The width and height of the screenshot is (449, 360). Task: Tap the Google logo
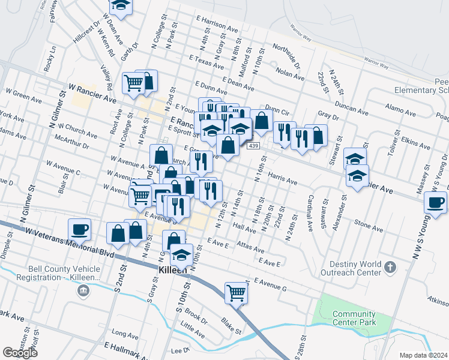(20, 352)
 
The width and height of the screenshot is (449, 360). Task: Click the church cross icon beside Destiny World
(390, 266)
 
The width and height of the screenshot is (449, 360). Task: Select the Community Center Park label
(354, 318)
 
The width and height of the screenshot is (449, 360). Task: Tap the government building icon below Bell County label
(83, 292)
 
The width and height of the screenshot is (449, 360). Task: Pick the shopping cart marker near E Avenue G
(237, 292)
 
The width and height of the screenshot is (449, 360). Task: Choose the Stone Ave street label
(369, 225)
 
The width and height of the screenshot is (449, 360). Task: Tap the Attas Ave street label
(250, 247)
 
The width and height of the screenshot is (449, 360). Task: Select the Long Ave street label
(125, 334)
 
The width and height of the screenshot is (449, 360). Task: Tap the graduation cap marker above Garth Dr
(122, 6)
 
